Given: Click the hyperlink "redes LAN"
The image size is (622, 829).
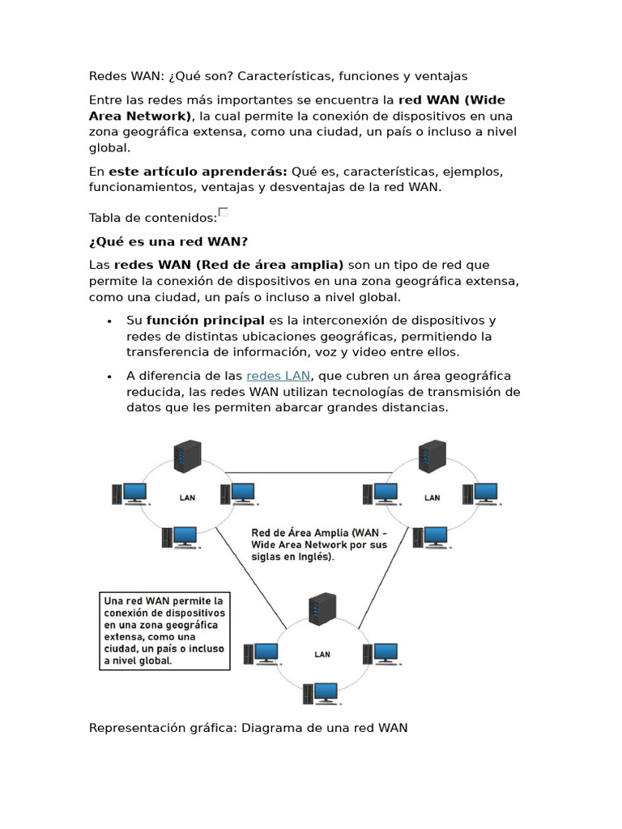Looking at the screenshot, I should pyautogui.click(x=278, y=376).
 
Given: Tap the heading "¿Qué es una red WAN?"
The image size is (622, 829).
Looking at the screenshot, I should pyautogui.click(x=168, y=241).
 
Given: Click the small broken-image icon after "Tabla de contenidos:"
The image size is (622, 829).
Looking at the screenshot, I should pyautogui.click(x=224, y=212).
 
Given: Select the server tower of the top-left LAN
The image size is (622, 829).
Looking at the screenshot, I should pyautogui.click(x=187, y=457).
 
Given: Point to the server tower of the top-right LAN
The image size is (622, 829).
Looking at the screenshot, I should pyautogui.click(x=432, y=457).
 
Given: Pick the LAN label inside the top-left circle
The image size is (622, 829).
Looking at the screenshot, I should pyautogui.click(x=186, y=498).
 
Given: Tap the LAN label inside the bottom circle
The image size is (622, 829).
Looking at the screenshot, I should pyautogui.click(x=322, y=654).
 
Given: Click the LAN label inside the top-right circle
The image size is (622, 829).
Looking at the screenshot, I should pyautogui.click(x=432, y=498).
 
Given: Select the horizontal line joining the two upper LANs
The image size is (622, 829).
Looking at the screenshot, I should pyautogui.click(x=308, y=473).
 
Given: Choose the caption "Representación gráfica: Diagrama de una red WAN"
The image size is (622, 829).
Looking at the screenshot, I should pyautogui.click(x=248, y=728).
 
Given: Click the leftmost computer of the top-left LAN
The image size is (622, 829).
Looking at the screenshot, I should pyautogui.click(x=130, y=493).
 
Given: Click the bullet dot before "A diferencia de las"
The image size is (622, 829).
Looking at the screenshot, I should pyautogui.click(x=109, y=377).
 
